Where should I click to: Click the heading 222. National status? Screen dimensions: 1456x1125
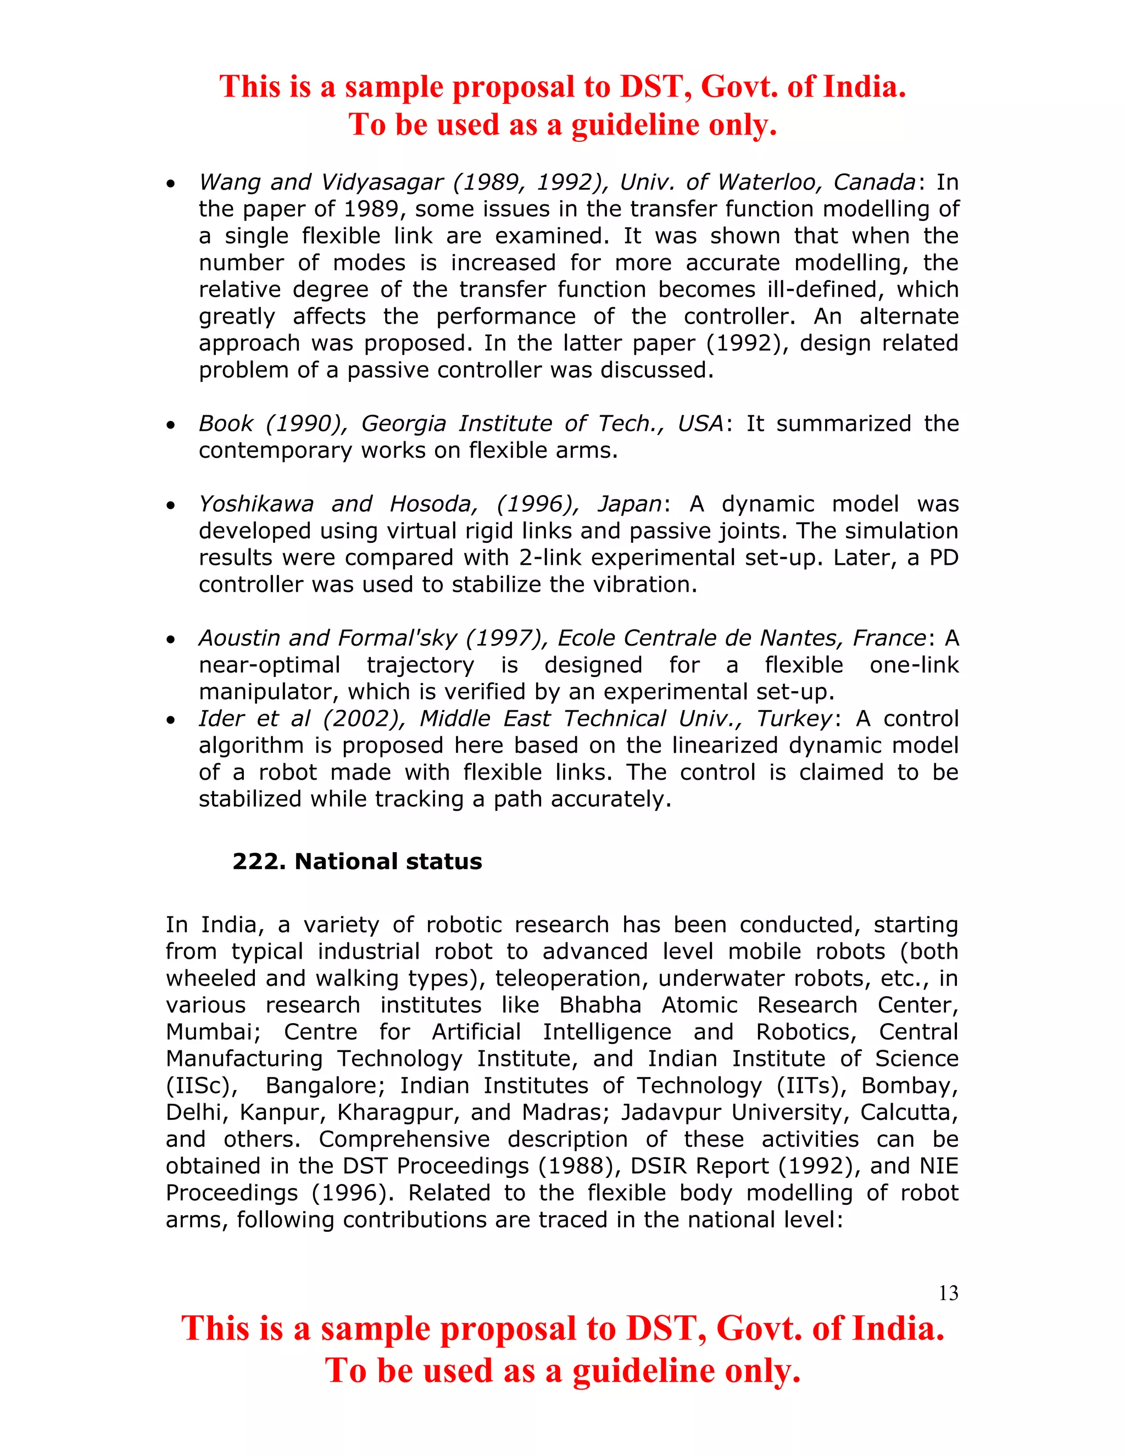(x=357, y=862)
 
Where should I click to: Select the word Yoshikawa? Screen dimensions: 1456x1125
(x=256, y=504)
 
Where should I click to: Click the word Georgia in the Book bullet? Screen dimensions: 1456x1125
(x=403, y=423)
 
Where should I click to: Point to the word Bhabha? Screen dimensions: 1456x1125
(x=600, y=1005)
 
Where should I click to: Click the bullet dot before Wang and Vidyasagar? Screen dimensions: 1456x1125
(x=171, y=184)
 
